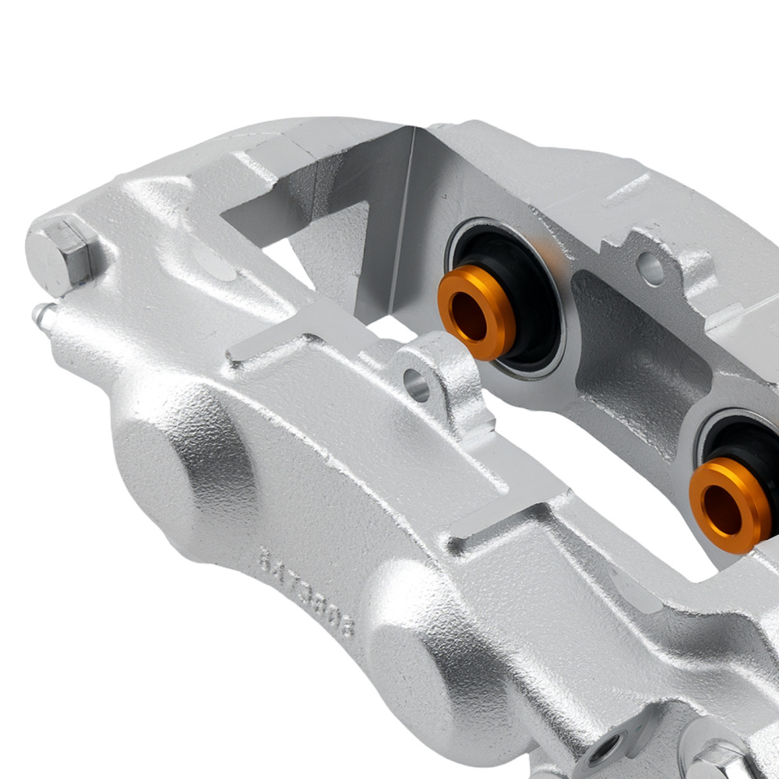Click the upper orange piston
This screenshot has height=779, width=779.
point(477,311)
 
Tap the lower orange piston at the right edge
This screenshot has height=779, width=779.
point(729,503)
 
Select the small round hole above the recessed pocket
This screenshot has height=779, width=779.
point(650,269)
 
